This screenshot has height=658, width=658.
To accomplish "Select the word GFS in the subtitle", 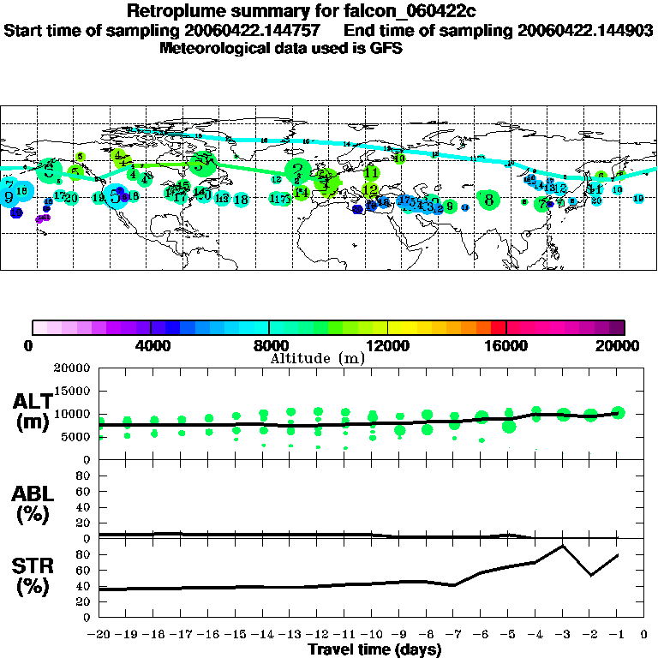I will click(x=386, y=49).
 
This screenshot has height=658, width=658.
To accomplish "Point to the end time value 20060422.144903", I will click(x=585, y=30).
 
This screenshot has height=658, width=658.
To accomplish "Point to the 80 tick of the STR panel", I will click(x=84, y=554).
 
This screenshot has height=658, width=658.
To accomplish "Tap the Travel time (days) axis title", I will click(x=374, y=650).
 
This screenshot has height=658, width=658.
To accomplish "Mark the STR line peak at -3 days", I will click(x=563, y=546).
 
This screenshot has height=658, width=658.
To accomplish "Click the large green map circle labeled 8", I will click(x=488, y=200).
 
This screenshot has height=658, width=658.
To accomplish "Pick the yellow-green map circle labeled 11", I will click(x=371, y=173).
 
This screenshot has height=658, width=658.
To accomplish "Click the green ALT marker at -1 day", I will click(x=618, y=412).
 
